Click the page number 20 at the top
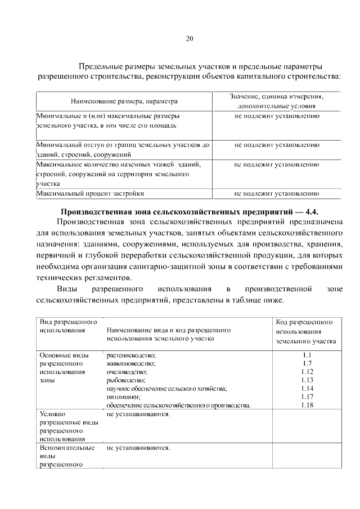click(x=190, y=39)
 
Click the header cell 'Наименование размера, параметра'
click(x=124, y=101)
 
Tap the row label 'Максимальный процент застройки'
click(x=90, y=193)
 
